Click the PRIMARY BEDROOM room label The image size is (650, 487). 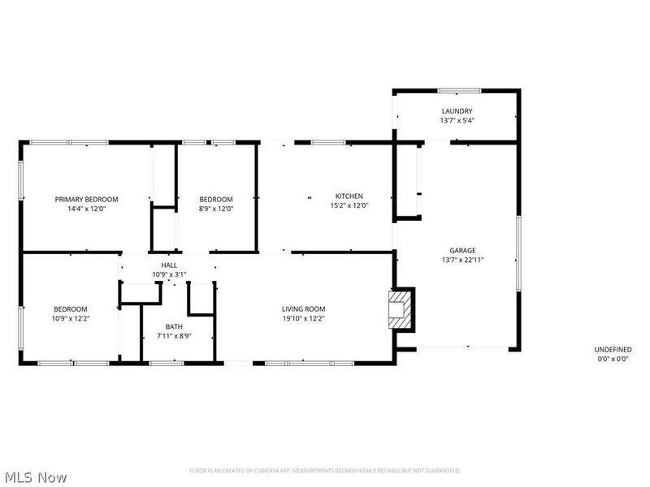click(86, 199)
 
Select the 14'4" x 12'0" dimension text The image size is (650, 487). click(86, 209)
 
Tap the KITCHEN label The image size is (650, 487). click(349, 196)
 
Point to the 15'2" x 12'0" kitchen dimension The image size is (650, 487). click(349, 205)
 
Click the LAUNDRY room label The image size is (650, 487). click(457, 111)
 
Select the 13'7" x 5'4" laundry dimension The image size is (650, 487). click(457, 121)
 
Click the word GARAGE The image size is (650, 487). click(462, 250)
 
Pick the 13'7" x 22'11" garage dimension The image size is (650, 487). click(462, 260)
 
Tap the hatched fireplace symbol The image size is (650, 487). click(400, 310)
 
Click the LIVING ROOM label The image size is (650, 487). click(303, 308)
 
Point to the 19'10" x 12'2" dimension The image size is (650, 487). click(303, 318)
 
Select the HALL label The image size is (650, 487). click(169, 265)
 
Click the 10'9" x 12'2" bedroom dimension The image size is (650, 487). click(71, 318)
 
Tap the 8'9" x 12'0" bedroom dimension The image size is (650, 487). click(216, 209)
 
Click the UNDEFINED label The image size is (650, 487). click(613, 349)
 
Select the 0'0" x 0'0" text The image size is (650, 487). click(613, 358)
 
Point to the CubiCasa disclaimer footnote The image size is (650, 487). click(325, 471)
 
